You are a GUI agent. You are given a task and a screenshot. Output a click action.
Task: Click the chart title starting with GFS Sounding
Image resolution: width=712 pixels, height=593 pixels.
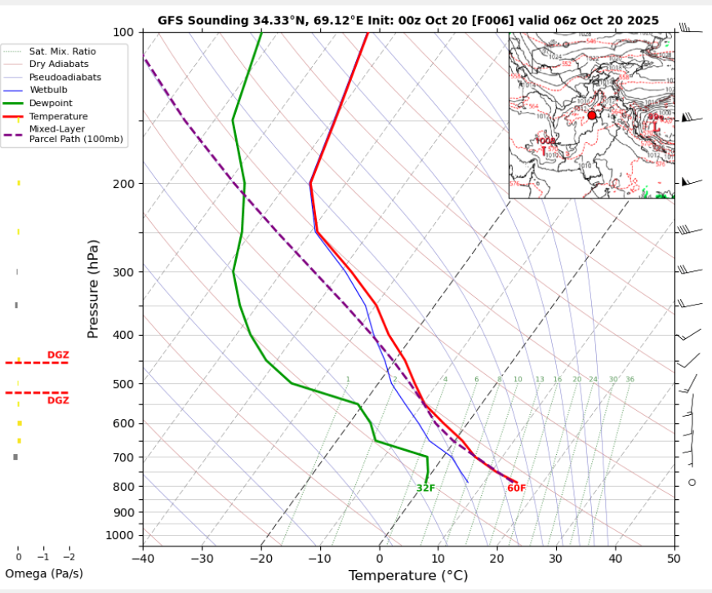pos(408,20)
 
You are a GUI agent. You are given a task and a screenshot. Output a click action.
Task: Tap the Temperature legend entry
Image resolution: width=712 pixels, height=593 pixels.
pos(55,117)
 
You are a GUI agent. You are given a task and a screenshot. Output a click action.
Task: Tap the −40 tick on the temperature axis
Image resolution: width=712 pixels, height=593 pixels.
pos(144,559)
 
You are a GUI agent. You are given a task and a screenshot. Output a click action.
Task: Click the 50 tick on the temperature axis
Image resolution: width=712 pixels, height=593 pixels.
pos(673,559)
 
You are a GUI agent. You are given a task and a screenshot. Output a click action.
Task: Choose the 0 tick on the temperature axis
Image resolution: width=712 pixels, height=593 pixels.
pos(379,559)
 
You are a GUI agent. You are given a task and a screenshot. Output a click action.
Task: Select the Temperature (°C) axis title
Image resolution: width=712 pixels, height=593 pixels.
pos(408,576)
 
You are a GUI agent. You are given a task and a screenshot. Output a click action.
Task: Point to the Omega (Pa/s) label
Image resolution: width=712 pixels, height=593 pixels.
pos(44,573)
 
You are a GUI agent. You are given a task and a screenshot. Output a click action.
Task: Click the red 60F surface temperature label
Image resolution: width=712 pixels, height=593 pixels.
pos(516,488)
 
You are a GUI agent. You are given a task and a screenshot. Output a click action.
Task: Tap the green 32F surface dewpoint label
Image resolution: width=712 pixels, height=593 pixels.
pos(425,488)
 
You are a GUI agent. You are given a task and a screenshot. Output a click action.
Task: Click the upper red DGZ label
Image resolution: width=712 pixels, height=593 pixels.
pos(58,354)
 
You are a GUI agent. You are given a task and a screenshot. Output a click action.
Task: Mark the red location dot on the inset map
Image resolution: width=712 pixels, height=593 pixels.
pos(592,115)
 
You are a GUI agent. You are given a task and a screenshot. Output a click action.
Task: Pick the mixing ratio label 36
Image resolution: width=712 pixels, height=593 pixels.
pos(630,380)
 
